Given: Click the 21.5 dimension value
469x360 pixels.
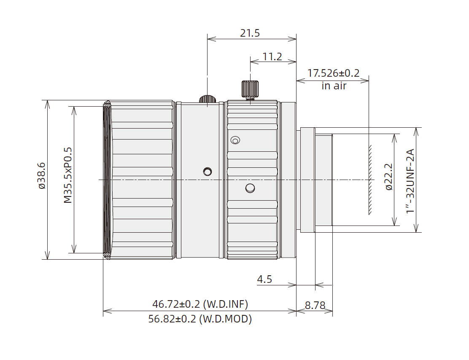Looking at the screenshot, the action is pyautogui.click(x=250, y=33).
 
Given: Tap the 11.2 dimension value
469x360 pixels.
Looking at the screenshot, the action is pyautogui.click(x=272, y=56).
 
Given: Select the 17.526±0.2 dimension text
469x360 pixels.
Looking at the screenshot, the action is pyautogui.click(x=333, y=73).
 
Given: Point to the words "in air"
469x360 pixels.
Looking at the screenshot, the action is pyautogui.click(x=334, y=86).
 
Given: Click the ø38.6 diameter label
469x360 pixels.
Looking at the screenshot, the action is pyautogui.click(x=41, y=176).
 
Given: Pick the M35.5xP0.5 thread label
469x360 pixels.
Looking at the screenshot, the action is pyautogui.click(x=68, y=175).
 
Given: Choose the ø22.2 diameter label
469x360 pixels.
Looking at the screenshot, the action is pyautogui.click(x=388, y=177).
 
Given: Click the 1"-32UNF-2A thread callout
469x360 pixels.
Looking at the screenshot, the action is pyautogui.click(x=410, y=181).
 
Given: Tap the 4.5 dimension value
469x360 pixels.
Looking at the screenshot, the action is pyautogui.click(x=264, y=279).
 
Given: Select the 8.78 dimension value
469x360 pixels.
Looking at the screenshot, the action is pyautogui.click(x=315, y=305).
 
